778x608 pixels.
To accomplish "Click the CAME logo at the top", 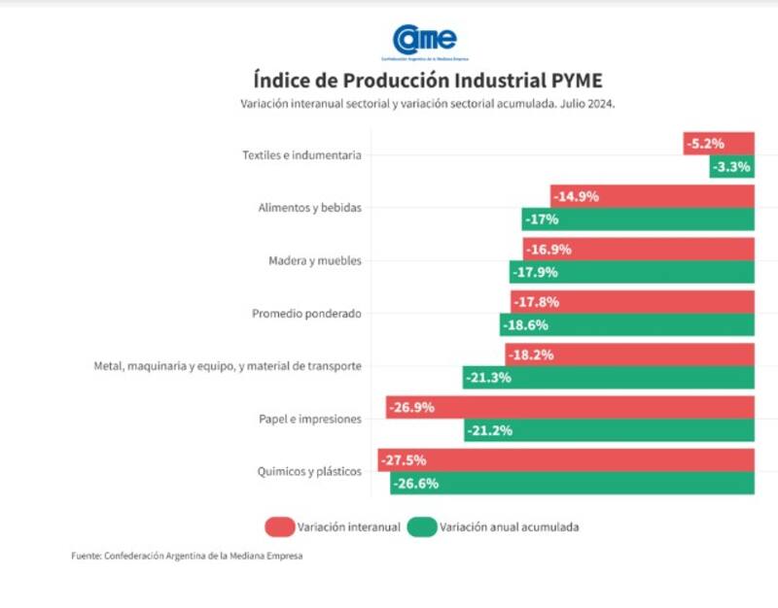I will pyautogui.click(x=425, y=41).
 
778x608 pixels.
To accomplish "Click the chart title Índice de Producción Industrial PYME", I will pyautogui.click(x=427, y=80).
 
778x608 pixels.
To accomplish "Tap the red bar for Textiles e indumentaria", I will pyautogui.click(x=719, y=144).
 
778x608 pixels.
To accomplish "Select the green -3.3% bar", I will pyautogui.click(x=731, y=167).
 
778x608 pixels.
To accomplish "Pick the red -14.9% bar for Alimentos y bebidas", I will pyautogui.click(x=652, y=196).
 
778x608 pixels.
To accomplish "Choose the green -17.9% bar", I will pyautogui.click(x=631, y=272).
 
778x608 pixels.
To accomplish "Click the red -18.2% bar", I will pyautogui.click(x=629, y=355).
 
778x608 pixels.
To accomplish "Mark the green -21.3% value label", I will pyautogui.click(x=488, y=378).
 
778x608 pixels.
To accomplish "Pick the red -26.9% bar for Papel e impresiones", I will pyautogui.click(x=570, y=407).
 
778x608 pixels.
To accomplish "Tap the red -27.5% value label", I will pyautogui.click(x=404, y=459).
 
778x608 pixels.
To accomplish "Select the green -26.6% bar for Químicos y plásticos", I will pyautogui.click(x=573, y=483).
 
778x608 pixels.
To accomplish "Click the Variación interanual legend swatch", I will pyautogui.click(x=278, y=527).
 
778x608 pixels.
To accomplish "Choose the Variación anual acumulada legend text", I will pyautogui.click(x=510, y=527).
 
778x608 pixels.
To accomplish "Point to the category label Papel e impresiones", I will pyautogui.click(x=309, y=419).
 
